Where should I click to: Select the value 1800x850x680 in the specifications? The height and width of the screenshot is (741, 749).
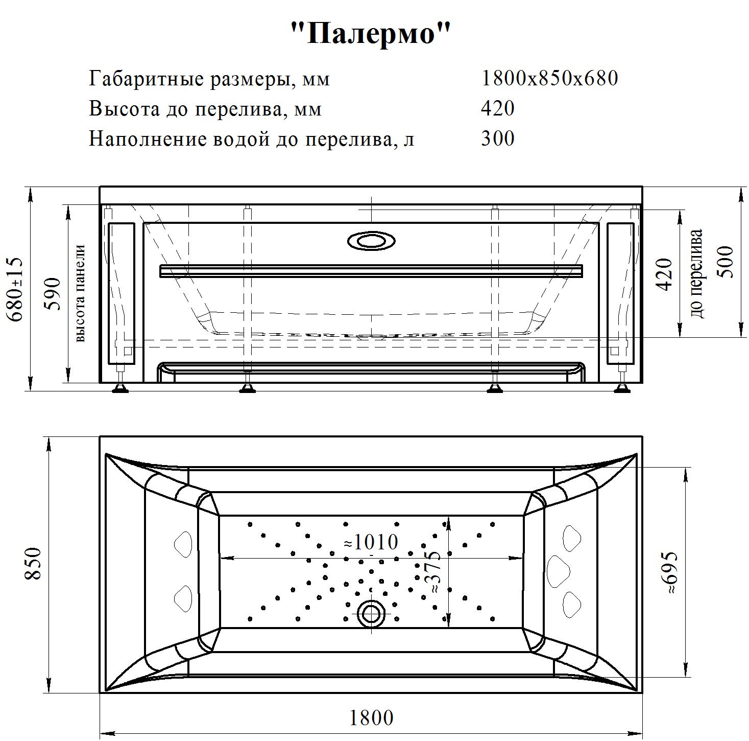[549, 78]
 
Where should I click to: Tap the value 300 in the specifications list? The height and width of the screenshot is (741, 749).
[498, 138]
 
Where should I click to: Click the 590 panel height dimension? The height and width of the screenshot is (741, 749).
[53, 294]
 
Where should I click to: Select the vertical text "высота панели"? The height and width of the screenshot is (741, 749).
[81, 293]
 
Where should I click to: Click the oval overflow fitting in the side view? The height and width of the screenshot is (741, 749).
[371, 241]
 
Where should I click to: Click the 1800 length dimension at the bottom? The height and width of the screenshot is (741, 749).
[372, 718]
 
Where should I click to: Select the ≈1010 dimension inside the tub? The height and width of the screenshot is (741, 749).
[371, 542]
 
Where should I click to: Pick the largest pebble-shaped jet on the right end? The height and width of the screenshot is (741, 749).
[558, 571]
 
